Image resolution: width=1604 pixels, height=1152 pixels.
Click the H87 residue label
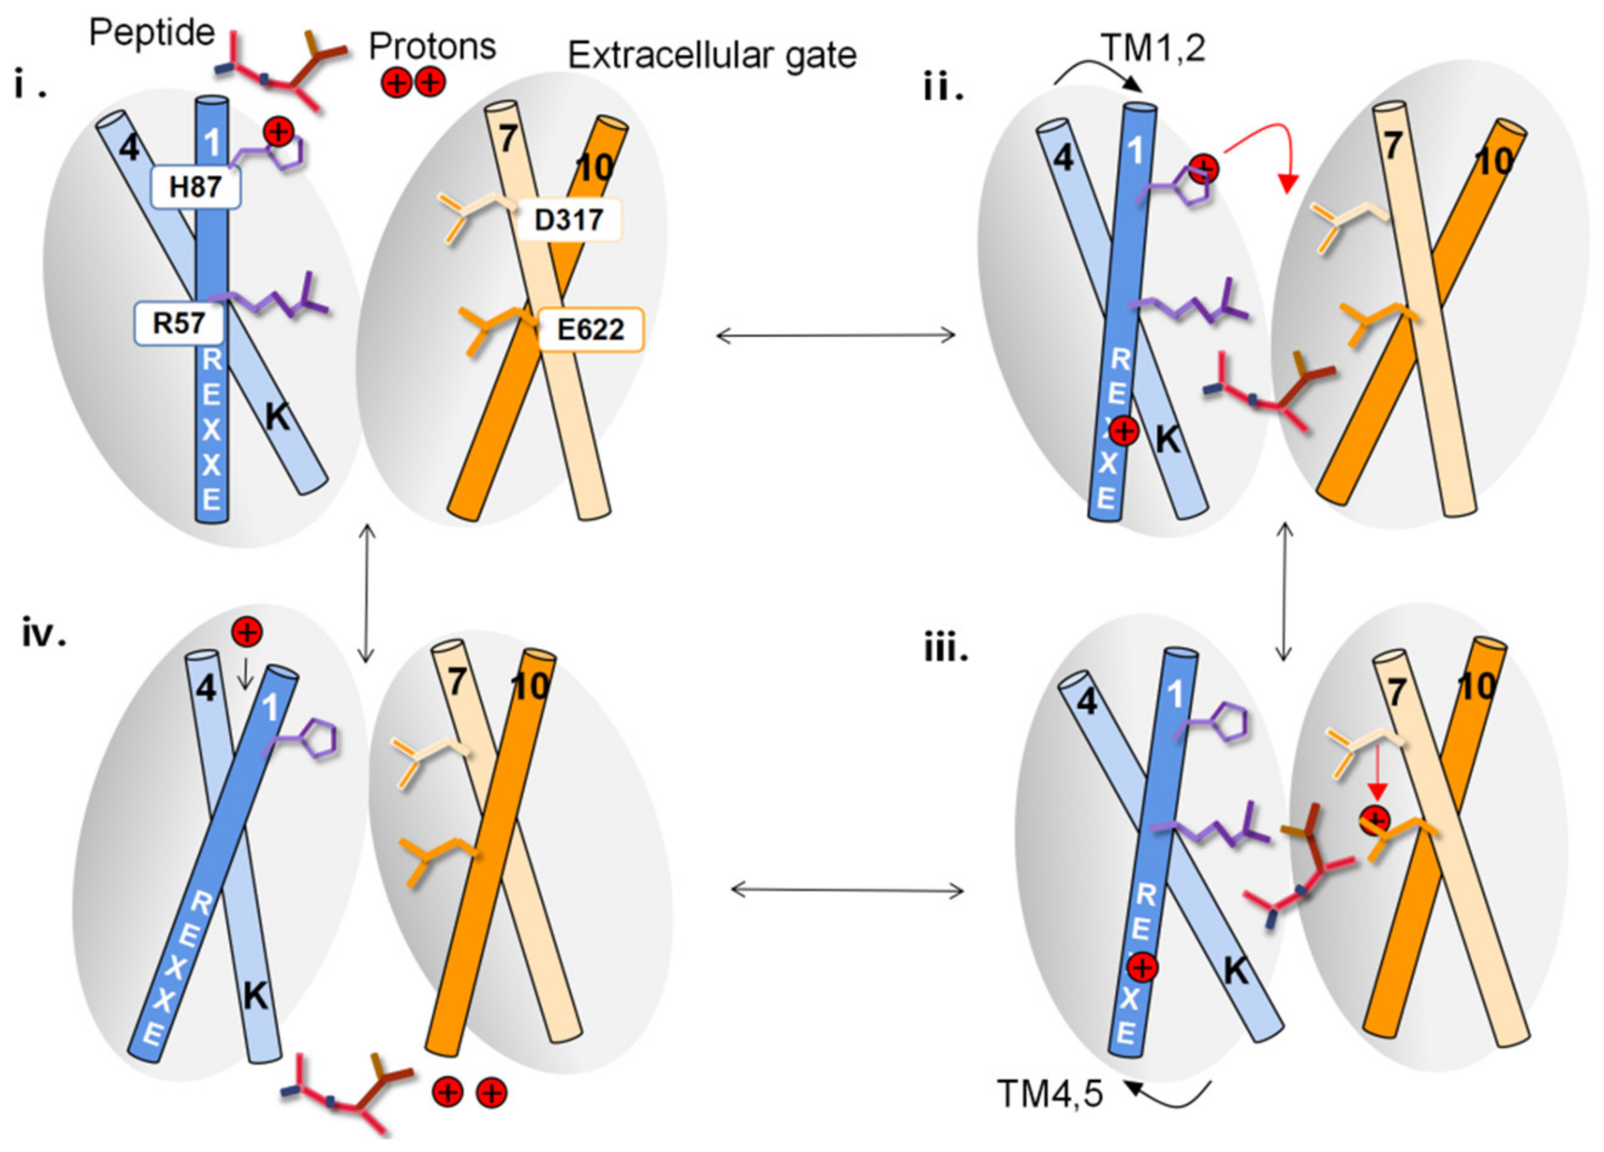coord(196,187)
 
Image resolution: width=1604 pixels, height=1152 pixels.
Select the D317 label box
coord(570,220)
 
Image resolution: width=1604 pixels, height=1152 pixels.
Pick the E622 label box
coord(591,329)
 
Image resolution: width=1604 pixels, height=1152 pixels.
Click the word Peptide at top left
coord(151,32)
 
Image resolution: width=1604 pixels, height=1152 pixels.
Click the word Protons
coord(432,46)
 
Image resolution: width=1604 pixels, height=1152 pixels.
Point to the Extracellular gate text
coord(712,55)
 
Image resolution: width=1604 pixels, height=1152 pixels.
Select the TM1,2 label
coord(1152,48)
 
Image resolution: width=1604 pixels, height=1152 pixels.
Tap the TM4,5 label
coord(1049,1093)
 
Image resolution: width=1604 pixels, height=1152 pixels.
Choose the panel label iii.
coord(946,648)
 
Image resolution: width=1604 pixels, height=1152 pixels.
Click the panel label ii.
coord(943,89)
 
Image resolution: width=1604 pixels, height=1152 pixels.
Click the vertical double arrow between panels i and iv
coord(365,593)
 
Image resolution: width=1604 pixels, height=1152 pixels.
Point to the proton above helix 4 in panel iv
coord(247,632)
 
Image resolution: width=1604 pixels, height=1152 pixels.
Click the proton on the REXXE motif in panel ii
coord(1123,431)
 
